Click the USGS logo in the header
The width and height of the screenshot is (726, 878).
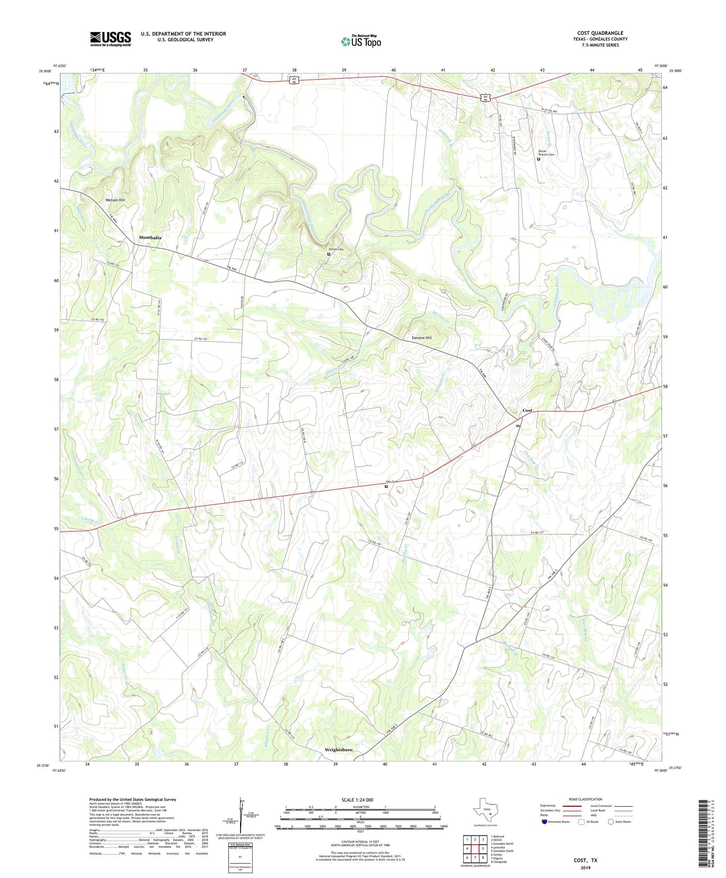tap(110, 39)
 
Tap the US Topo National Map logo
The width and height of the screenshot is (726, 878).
tap(361, 41)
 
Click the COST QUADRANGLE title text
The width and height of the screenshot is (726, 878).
tap(600, 33)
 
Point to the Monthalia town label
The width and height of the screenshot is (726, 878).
tap(150, 238)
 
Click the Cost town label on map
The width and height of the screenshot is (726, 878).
tap(527, 410)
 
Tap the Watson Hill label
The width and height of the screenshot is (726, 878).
tap(115, 200)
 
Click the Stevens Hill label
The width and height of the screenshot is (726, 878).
tap(422, 338)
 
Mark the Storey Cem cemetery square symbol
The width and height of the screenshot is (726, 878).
tap(329, 254)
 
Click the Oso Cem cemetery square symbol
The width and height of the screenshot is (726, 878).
tap(386, 487)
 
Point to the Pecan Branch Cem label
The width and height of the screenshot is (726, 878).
tap(546, 153)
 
